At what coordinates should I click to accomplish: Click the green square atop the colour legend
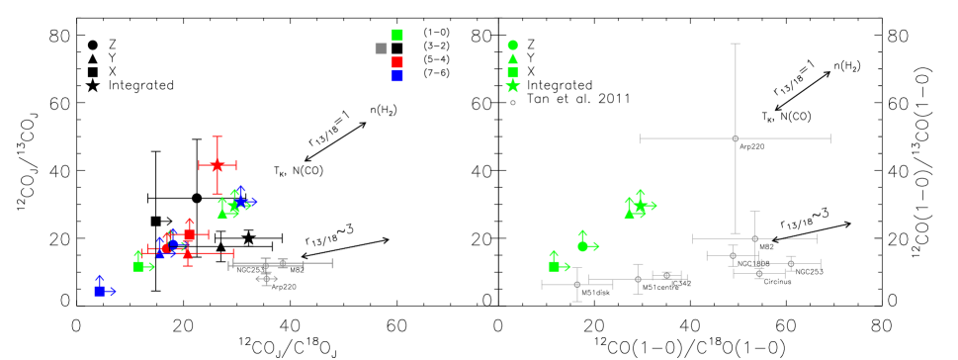coord(397,35)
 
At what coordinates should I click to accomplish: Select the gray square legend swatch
coord(381,48)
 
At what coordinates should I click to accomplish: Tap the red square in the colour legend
coord(397,62)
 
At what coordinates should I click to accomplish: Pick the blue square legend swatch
coord(397,76)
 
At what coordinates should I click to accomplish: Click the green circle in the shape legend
coord(512,45)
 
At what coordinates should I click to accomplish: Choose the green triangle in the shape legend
coord(512,59)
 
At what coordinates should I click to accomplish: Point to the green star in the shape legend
coord(512,86)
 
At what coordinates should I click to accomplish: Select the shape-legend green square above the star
coord(512,72)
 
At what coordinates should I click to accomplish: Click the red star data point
coord(218,165)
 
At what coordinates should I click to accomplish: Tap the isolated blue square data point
coord(100,291)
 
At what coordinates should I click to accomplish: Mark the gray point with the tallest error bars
coord(735,138)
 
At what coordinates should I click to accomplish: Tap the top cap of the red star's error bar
coord(218,136)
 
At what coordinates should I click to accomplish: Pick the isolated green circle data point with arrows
coord(582,246)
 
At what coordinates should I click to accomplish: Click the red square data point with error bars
coord(190,235)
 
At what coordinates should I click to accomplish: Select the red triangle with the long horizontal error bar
coord(188,253)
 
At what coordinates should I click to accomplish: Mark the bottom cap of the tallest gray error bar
coord(735,233)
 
